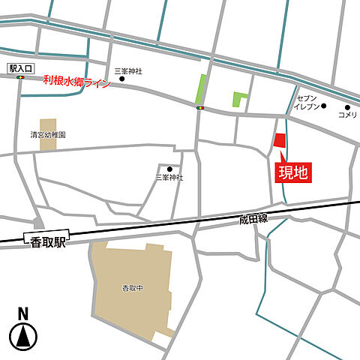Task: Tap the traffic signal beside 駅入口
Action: [21, 77]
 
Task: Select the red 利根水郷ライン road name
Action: [76, 81]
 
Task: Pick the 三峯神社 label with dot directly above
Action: [169, 178]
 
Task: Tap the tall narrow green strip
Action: [200, 89]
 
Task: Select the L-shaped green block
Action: [239, 98]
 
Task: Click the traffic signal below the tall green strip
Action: [200, 108]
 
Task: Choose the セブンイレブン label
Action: [307, 103]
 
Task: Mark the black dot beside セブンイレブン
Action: [324, 105]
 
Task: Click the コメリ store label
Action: [347, 115]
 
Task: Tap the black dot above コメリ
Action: [347, 106]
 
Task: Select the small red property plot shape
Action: [279, 141]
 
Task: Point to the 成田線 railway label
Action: [253, 219]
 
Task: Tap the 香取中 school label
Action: [133, 288]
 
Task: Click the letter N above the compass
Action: [23, 313]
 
